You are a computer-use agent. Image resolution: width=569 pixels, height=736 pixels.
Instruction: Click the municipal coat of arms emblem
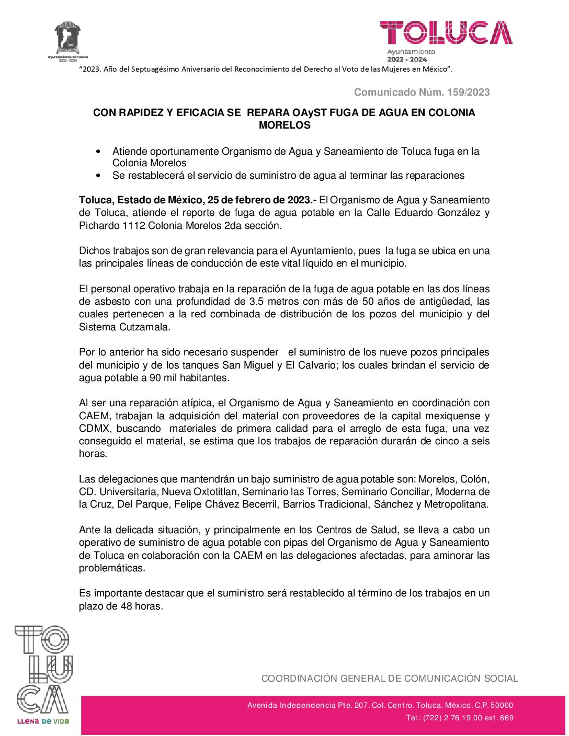click(x=67, y=38)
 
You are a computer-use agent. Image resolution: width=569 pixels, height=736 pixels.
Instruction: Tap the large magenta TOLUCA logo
click(x=446, y=33)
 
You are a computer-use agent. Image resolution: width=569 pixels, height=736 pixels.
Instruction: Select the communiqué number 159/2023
click(x=468, y=93)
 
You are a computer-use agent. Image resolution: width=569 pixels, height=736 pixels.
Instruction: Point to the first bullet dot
click(x=99, y=152)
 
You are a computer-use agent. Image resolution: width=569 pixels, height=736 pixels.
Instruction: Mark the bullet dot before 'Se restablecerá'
click(x=99, y=176)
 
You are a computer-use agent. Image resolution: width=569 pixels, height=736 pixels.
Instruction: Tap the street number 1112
click(x=134, y=226)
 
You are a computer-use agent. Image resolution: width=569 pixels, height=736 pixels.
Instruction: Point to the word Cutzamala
click(x=144, y=327)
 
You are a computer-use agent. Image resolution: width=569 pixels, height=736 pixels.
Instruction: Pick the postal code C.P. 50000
click(x=494, y=705)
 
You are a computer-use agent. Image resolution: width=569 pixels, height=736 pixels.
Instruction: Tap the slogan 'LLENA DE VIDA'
click(x=43, y=721)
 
